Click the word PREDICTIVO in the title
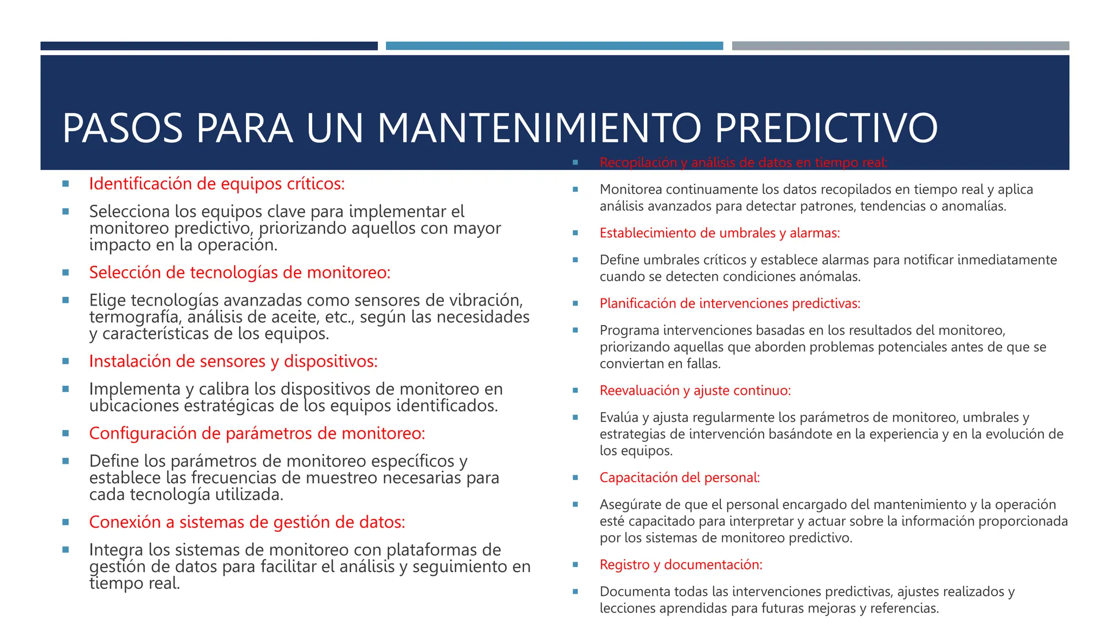click(826, 128)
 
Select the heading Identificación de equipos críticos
click(217, 184)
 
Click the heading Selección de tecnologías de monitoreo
click(240, 272)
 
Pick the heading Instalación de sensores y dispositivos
click(233, 361)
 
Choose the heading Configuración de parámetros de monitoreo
click(257, 433)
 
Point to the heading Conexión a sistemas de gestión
click(247, 522)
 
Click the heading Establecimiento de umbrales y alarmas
click(719, 233)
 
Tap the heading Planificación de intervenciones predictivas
click(730, 303)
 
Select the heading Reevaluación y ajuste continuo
click(695, 391)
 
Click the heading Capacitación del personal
click(680, 478)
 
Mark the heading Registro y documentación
click(681, 565)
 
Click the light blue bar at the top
click(554, 46)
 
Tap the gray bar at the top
click(900, 46)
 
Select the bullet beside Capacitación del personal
click(576, 478)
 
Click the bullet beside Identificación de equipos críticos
click(66, 184)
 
